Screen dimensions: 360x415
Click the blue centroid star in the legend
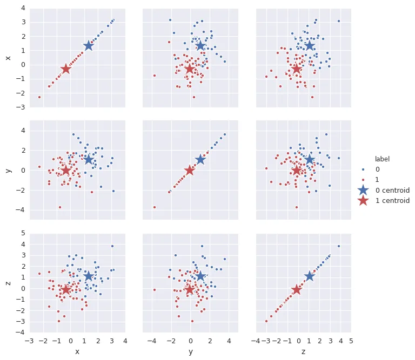363,190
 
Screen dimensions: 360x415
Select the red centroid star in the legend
363,200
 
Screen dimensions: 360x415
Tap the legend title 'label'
383,159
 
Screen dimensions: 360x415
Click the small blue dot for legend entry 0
363,169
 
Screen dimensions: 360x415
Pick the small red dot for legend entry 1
363,180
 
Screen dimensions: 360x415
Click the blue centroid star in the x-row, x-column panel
89,46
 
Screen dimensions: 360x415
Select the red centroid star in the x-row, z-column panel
296,69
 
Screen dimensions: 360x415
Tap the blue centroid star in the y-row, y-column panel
200,159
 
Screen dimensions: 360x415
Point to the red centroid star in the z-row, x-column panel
66,290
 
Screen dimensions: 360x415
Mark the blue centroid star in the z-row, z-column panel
309,276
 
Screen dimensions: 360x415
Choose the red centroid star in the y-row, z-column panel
296,171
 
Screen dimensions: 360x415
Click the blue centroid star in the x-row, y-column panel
200,46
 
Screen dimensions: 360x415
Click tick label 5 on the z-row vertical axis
22,233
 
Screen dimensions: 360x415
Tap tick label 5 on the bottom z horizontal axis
351,341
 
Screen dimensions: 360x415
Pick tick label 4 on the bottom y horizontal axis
229,341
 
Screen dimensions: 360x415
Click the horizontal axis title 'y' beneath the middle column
190,352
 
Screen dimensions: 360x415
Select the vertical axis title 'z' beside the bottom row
8,283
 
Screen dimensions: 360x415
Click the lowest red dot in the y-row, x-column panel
60,207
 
